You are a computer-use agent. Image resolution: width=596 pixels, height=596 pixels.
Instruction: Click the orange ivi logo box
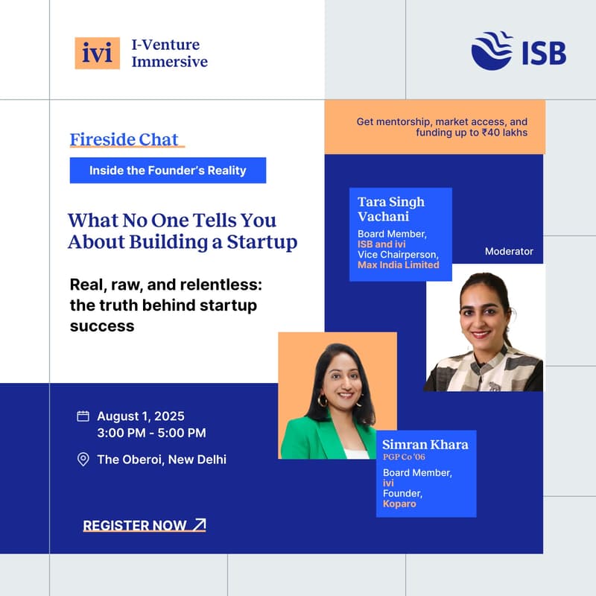(x=97, y=53)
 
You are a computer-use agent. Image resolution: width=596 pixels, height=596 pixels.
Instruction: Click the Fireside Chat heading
(x=124, y=139)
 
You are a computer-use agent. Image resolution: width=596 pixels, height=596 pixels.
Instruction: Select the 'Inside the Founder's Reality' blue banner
(x=168, y=171)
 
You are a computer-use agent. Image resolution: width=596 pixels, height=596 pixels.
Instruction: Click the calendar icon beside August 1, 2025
(x=83, y=416)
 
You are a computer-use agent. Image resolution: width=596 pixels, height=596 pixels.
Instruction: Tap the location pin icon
(x=83, y=459)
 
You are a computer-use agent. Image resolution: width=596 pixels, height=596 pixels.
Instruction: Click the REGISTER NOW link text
(x=135, y=525)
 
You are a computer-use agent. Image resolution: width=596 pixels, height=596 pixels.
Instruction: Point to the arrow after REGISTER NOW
(x=199, y=524)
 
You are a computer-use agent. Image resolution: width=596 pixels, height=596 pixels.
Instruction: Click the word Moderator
(x=509, y=251)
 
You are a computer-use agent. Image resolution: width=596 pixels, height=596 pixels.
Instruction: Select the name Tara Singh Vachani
(x=391, y=209)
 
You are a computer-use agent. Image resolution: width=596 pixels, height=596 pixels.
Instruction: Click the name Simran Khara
(x=425, y=445)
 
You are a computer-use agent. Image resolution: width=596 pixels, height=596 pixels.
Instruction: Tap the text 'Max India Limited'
(x=399, y=264)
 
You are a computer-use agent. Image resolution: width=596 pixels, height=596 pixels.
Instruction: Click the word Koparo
(x=401, y=504)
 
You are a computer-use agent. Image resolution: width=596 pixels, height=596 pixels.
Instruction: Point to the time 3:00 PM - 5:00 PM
(x=151, y=433)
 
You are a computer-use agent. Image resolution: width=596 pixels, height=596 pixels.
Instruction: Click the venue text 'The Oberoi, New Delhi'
(x=162, y=459)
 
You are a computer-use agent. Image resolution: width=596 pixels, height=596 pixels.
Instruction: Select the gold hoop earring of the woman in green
(x=323, y=401)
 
